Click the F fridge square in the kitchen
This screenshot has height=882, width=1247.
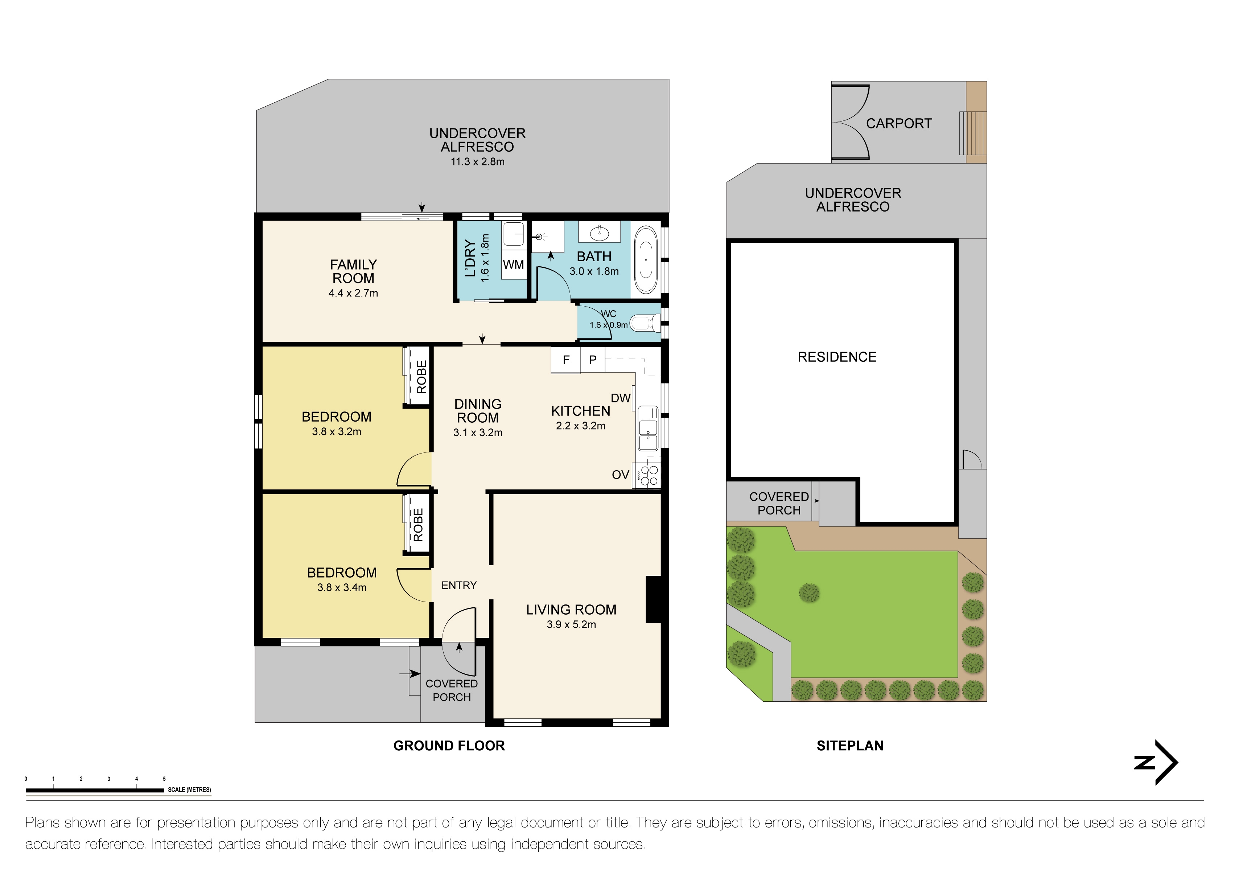[x=566, y=360]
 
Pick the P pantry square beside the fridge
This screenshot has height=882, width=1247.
[x=593, y=360]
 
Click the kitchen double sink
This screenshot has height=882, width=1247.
[x=647, y=428]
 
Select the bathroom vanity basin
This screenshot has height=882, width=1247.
[x=599, y=233]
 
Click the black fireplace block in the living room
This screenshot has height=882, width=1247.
[x=653, y=599]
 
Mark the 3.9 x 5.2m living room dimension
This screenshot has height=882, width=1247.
[x=571, y=624]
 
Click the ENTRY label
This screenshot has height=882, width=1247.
[x=459, y=585]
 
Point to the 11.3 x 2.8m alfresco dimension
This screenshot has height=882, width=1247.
[x=477, y=161]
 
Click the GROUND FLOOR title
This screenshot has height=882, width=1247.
[x=449, y=746]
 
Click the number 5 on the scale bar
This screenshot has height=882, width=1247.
[x=164, y=779]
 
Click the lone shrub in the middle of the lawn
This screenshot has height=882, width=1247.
[x=809, y=593]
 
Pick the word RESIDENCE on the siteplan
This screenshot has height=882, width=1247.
[x=837, y=357]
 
